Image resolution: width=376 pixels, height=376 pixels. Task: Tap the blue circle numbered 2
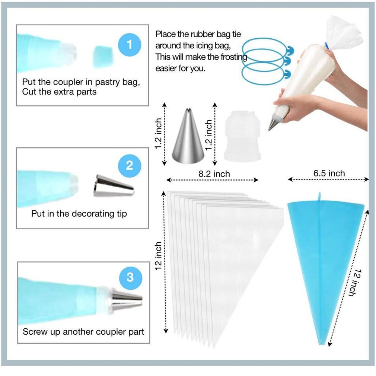click(x=129, y=165)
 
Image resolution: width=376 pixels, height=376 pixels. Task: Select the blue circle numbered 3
click(x=130, y=277)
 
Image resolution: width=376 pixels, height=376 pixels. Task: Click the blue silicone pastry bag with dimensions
click(x=324, y=253)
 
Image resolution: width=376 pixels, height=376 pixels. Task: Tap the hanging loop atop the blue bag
click(x=319, y=196)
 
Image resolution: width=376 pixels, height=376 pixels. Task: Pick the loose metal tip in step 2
click(x=113, y=185)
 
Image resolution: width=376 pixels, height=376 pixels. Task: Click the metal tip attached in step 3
click(x=127, y=300)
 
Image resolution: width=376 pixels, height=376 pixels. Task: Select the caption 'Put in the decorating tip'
click(x=79, y=214)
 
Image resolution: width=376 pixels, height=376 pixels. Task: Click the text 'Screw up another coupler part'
click(x=83, y=331)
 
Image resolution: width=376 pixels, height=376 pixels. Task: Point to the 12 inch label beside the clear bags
click(x=158, y=256)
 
